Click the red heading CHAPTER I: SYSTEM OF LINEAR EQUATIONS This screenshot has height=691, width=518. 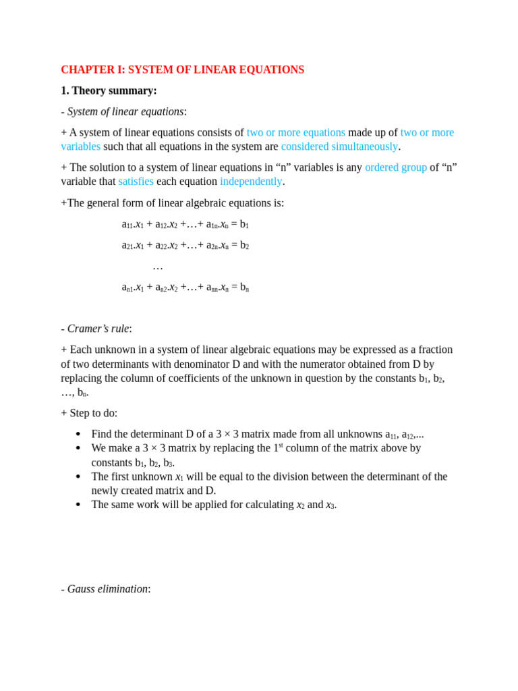click(182, 70)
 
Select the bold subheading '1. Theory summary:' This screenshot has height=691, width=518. click(109, 90)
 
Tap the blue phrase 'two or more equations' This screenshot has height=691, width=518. click(295, 132)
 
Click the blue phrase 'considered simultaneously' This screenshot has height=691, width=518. click(339, 146)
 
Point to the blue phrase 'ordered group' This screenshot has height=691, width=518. click(395, 167)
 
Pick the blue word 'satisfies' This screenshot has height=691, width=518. click(136, 182)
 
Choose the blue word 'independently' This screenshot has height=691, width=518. click(251, 182)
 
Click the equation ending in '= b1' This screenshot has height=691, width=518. click(185, 224)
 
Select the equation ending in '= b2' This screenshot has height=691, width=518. click(185, 245)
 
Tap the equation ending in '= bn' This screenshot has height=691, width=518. click(185, 287)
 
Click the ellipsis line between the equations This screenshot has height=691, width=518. click(158, 267)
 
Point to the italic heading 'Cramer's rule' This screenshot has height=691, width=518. click(98, 329)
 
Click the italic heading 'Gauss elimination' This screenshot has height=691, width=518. click(107, 589)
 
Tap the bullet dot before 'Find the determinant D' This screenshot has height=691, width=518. click(78, 435)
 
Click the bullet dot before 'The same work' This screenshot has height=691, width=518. click(78, 505)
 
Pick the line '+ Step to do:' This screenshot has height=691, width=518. click(89, 413)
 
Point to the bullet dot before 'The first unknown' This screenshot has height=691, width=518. click(78, 477)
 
